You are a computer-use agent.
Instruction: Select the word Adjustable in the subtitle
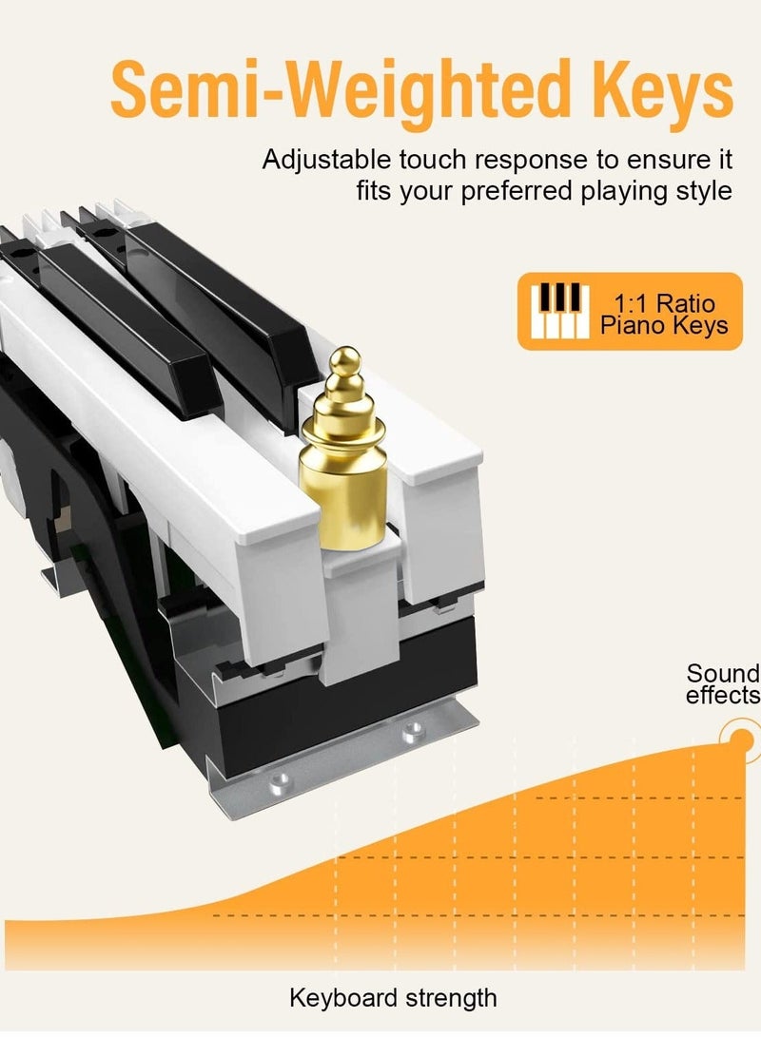pyautogui.click(x=327, y=161)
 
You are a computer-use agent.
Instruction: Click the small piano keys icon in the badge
pyautogui.click(x=560, y=310)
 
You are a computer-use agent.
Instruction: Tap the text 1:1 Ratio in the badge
pyautogui.click(x=664, y=303)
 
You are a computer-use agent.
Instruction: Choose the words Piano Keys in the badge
pyautogui.click(x=664, y=325)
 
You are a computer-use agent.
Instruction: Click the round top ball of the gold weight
pyautogui.click(x=345, y=360)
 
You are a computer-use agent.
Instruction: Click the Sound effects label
pyautogui.click(x=723, y=683)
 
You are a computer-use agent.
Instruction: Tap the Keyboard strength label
pyautogui.click(x=393, y=998)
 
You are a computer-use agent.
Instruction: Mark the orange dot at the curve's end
pyautogui.click(x=744, y=739)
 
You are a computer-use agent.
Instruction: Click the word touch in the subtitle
pyautogui.click(x=433, y=160)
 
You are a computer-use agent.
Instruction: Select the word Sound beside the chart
pyautogui.click(x=723, y=673)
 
